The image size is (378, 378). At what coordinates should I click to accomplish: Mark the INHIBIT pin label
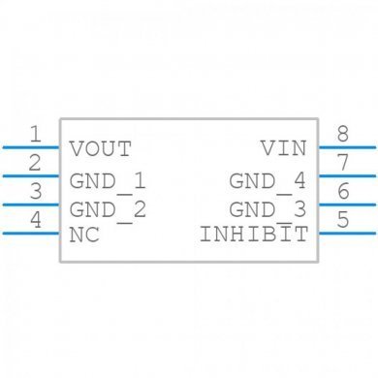[254, 234]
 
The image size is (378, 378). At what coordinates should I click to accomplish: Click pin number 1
[35, 134]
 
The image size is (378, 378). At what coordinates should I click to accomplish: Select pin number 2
[35, 162]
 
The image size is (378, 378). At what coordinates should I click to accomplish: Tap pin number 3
[35, 190]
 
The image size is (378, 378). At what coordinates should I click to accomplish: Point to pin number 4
[35, 219]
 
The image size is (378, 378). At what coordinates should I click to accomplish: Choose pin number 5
[343, 219]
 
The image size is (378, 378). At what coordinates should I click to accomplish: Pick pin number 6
[343, 190]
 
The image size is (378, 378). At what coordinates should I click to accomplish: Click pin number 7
[343, 162]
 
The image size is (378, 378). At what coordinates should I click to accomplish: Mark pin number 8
[343, 134]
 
